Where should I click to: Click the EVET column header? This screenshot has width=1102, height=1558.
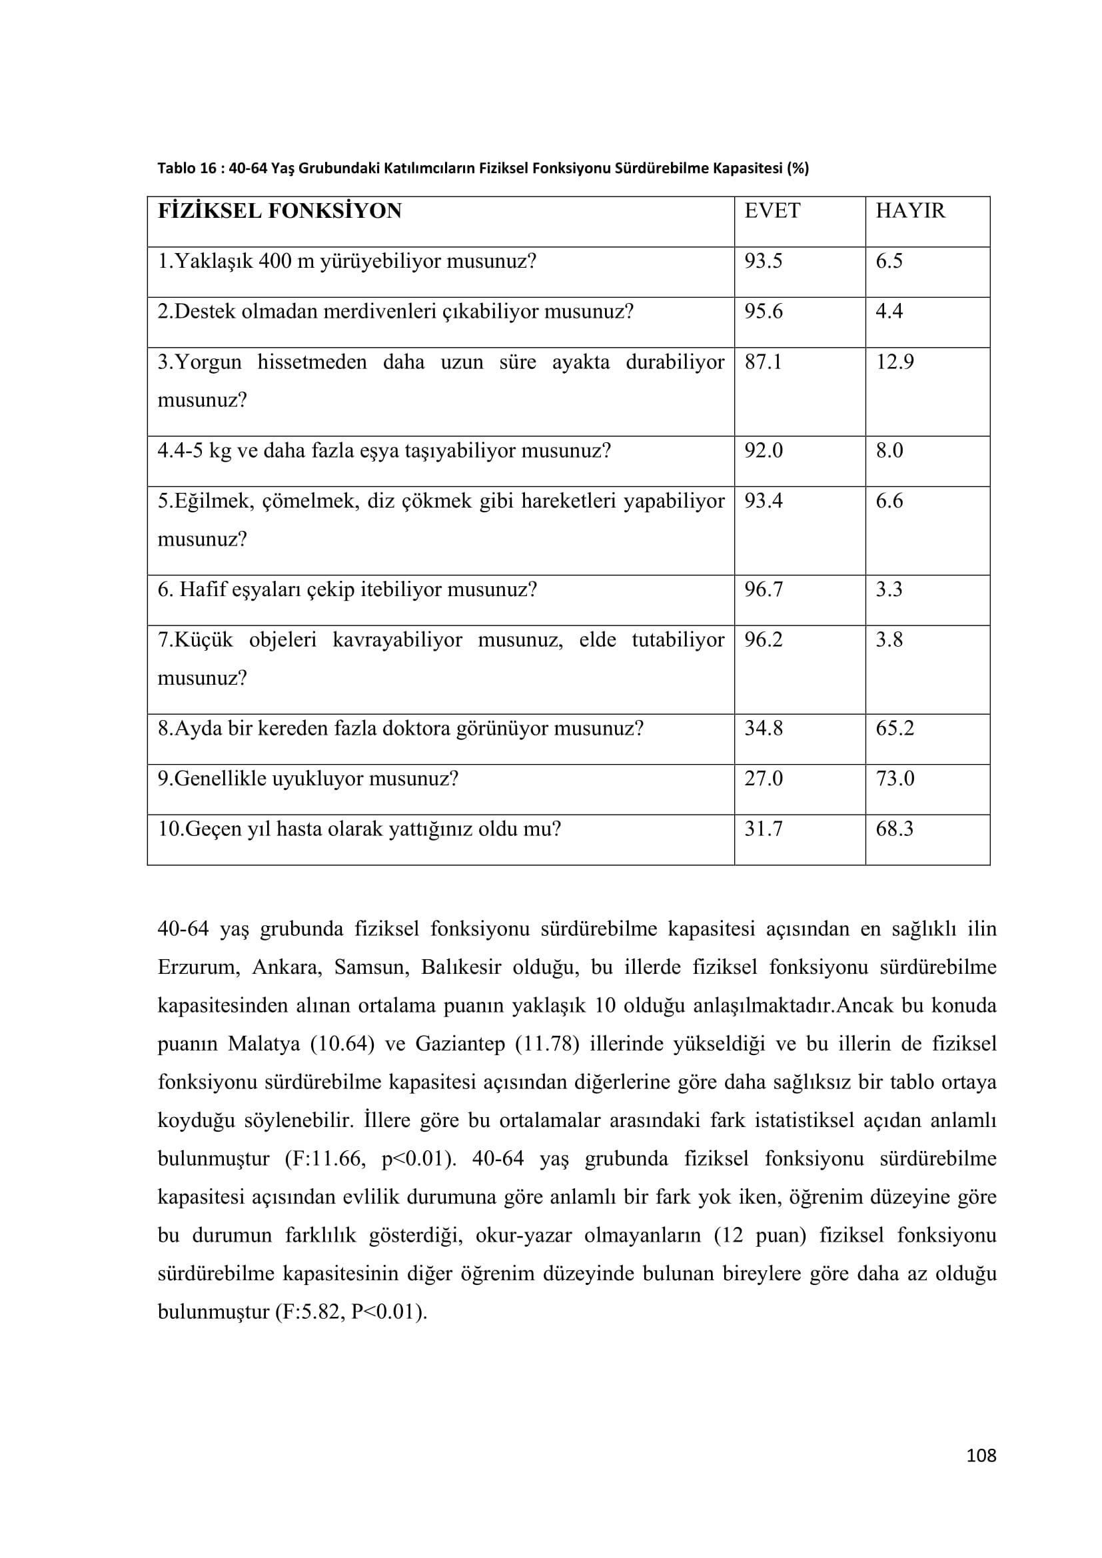[x=772, y=211]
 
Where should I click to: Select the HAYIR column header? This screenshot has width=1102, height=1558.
[x=910, y=211]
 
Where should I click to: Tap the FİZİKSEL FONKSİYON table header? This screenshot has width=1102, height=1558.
[x=280, y=211]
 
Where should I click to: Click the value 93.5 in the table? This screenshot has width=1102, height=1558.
[x=764, y=261]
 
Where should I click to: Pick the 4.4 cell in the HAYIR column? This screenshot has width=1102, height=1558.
[x=889, y=312]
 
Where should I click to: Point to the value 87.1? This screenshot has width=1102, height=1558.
[x=764, y=362]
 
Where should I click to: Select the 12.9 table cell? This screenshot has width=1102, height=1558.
[x=894, y=362]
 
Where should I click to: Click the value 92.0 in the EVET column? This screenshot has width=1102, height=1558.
[x=764, y=450]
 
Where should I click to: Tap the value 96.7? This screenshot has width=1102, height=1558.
[x=764, y=589]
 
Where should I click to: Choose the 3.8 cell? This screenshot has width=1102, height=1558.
[x=889, y=639]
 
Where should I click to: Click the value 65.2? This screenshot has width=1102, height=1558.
[x=894, y=728]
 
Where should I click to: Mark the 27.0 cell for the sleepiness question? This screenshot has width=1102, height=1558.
[x=764, y=778]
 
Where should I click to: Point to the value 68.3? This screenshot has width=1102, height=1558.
[x=894, y=829]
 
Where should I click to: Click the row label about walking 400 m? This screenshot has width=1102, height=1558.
[x=346, y=261]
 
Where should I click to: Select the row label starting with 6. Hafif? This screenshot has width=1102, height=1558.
[x=346, y=589]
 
